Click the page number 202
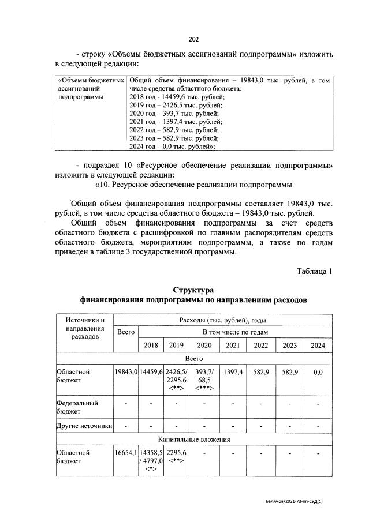[193, 39]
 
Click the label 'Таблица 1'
[315, 271]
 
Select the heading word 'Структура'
[193, 290]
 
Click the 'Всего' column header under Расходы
[126, 332]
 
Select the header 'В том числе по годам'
[235, 332]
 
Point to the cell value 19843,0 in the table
[126, 373]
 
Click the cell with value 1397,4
[233, 373]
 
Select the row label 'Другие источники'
[84, 426]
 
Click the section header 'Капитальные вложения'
[193, 440]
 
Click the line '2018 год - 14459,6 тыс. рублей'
[177, 97]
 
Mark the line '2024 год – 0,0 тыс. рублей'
[173, 147]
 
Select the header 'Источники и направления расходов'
[85, 328]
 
